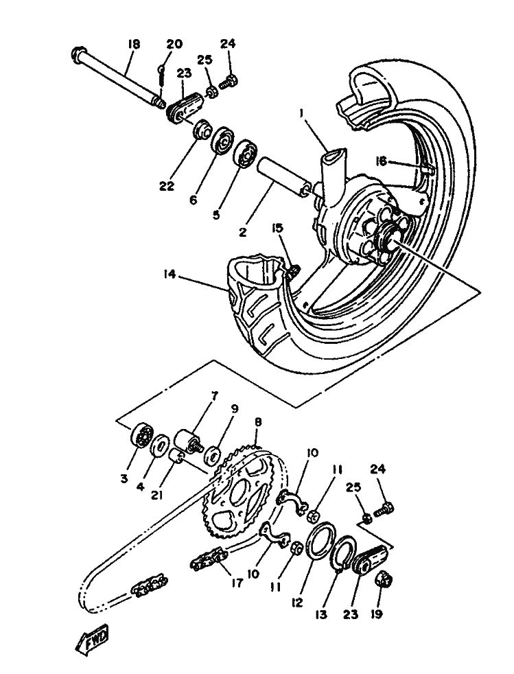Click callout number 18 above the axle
[134, 45]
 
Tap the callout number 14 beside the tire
[170, 274]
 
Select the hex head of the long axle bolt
[78, 55]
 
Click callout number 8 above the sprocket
[257, 422]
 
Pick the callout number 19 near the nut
[376, 614]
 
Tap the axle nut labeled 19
[381, 580]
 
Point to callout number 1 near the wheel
[302, 113]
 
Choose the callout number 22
[166, 186]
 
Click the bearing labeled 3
[142, 435]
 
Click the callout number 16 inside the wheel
[381, 161]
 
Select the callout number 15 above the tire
[278, 227]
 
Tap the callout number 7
[214, 395]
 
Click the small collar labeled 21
[178, 461]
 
